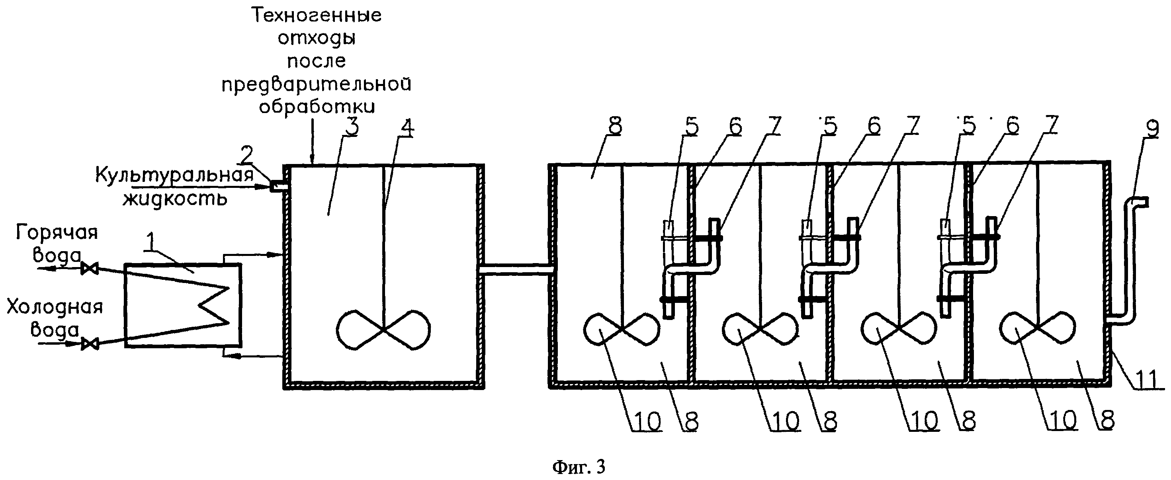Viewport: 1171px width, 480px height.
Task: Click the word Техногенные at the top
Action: pyautogui.click(x=317, y=16)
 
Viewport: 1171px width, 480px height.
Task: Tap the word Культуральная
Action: pyautogui.click(x=174, y=175)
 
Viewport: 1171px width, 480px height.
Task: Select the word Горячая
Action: pyautogui.click(x=57, y=233)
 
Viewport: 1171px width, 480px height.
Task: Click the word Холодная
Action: pyautogui.click(x=55, y=307)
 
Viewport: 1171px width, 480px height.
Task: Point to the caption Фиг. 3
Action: pyautogui.click(x=579, y=467)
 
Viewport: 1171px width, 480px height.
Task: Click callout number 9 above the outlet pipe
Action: pyautogui.click(x=1148, y=131)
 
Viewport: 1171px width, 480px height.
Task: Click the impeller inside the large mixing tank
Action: pyautogui.click(x=383, y=330)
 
